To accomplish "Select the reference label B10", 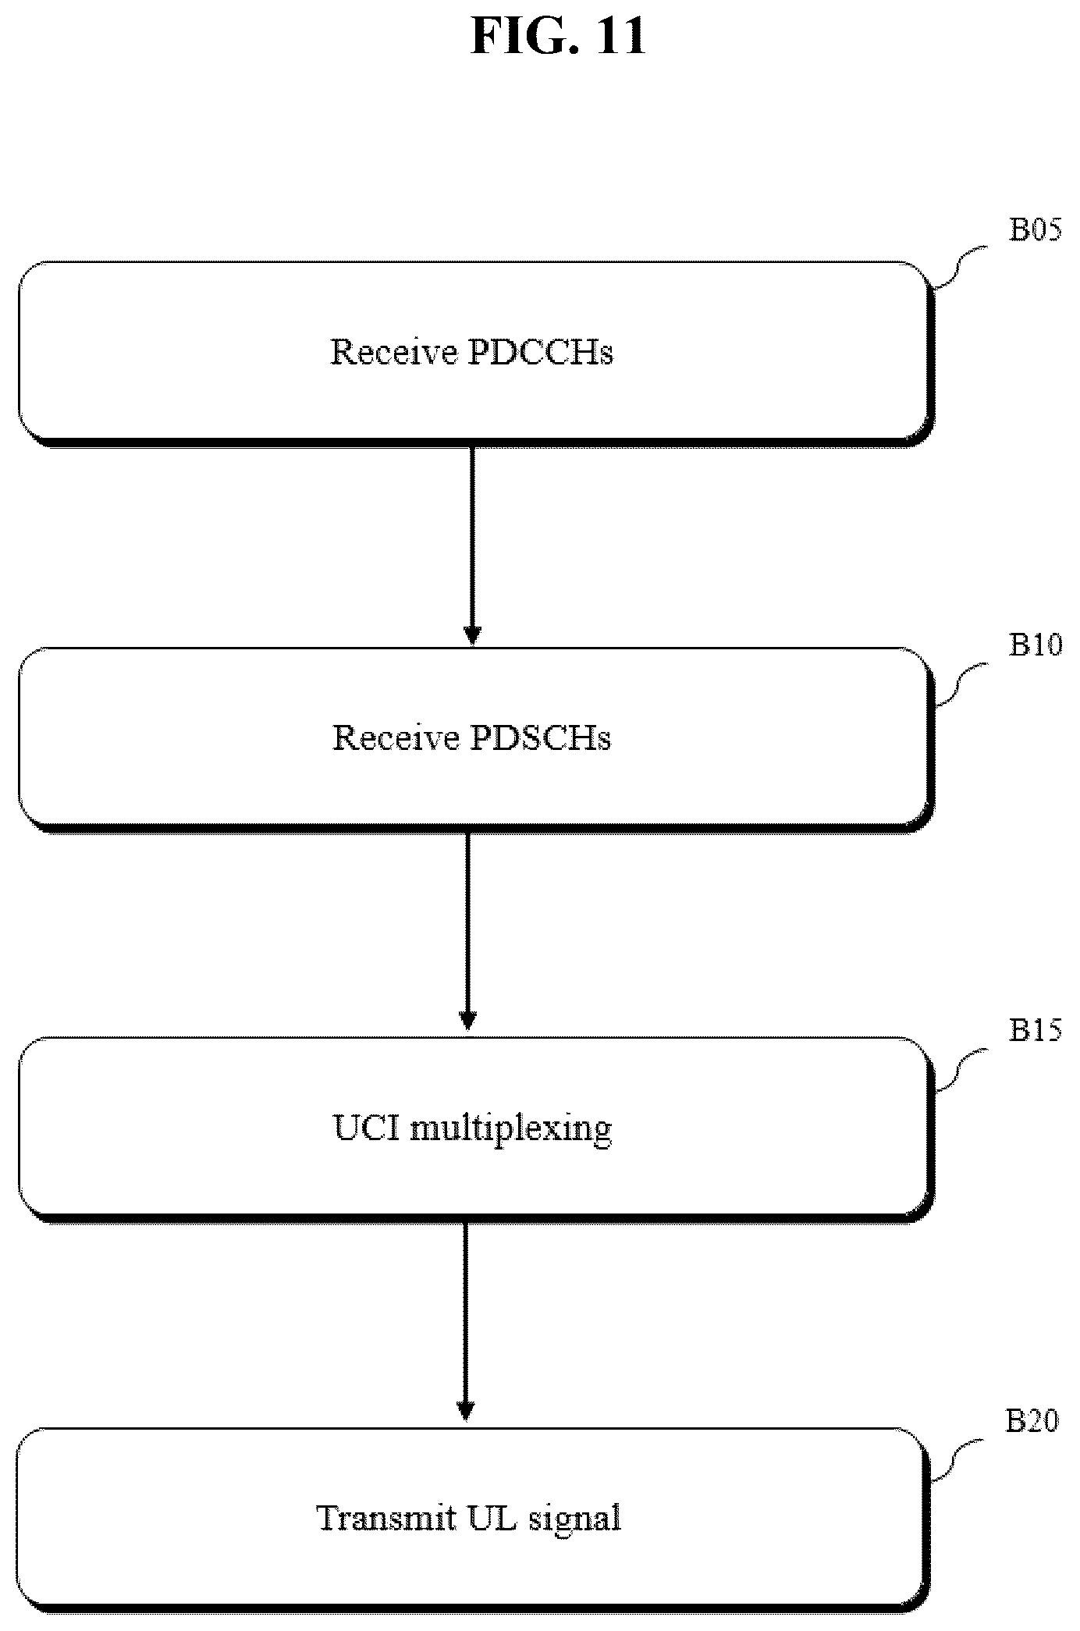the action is (x=1036, y=645).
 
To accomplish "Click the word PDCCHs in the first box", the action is (x=541, y=352).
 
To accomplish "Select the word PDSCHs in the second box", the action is (x=541, y=737).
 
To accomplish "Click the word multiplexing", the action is (x=511, y=1129).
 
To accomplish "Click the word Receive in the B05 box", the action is (x=394, y=352).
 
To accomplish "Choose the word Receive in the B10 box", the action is (x=396, y=737).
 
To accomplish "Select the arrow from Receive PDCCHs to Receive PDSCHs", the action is (x=471, y=546).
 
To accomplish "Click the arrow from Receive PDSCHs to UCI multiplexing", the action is (x=467, y=932).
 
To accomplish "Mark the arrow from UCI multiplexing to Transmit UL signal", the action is (x=466, y=1321).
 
